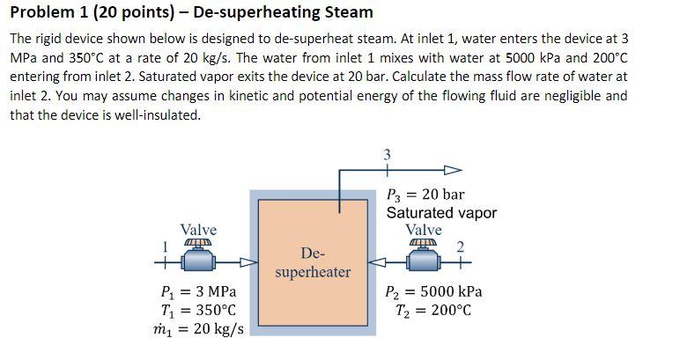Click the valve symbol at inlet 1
coord(198,256)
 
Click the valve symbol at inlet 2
coord(424,256)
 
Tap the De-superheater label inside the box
coord(313,262)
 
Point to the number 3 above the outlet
coord(388,156)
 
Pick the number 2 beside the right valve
coord(460,246)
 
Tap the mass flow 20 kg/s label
coord(198,329)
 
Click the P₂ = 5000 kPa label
coord(434,291)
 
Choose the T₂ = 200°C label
coord(429,310)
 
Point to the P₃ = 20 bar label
coord(425,195)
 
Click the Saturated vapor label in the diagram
coord(441,213)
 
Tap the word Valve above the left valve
coord(198,230)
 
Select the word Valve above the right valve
coord(424,230)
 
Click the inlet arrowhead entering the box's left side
coord(249,261)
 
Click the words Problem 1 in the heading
coord(44,12)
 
